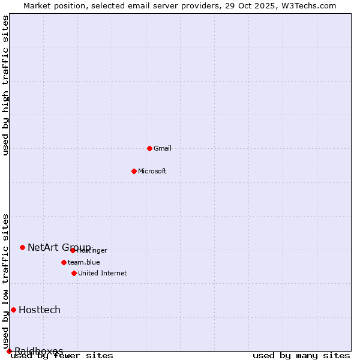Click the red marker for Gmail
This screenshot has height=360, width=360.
pos(149,148)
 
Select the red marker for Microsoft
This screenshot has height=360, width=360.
pos(134,171)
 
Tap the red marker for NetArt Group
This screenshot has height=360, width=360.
pos(22,247)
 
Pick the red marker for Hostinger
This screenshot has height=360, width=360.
pos(73,250)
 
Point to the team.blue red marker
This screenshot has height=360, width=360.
pos(64,262)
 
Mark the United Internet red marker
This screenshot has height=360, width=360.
pos(74,273)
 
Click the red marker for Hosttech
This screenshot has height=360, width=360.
pos(13,310)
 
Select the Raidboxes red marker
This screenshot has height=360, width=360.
pos(9,351)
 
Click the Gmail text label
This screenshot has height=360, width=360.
pos(163,148)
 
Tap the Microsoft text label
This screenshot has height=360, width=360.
pos(152,171)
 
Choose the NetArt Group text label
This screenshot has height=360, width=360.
pos(59,247)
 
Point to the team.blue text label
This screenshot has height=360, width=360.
pos(84,262)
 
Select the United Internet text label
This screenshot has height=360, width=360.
pos(103,273)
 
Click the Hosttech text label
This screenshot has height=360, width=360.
pos(40,310)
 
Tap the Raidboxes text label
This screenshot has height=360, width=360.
pos(39,351)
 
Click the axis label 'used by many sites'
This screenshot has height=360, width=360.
pos(301,356)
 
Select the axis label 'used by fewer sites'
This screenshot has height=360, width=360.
pos(62,356)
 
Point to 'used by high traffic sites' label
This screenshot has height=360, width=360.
pos(6,85)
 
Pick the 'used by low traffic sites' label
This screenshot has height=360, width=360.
pos(6,281)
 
